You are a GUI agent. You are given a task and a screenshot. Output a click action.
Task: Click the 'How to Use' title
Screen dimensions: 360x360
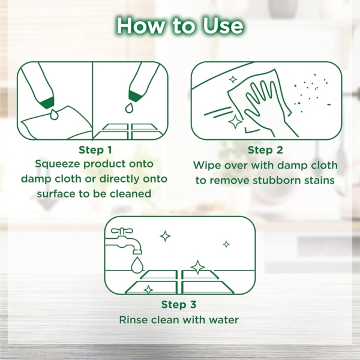click(x=180, y=25)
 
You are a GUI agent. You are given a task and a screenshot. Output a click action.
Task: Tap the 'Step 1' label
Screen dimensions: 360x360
click(x=95, y=150)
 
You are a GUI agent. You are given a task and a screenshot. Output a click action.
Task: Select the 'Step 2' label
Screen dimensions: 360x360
click(x=265, y=150)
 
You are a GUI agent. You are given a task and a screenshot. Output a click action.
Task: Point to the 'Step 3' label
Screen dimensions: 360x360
click(x=179, y=305)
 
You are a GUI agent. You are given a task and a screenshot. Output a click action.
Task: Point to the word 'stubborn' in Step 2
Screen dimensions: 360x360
click(x=277, y=180)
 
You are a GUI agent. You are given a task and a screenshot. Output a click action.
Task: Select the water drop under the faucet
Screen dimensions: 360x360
click(x=137, y=265)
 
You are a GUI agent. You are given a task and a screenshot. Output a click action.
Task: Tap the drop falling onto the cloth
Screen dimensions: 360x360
click(x=54, y=115)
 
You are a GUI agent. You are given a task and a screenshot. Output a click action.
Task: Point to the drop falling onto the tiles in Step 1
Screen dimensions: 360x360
click(x=129, y=107)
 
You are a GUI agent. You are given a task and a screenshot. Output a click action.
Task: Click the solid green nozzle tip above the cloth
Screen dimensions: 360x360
click(x=47, y=102)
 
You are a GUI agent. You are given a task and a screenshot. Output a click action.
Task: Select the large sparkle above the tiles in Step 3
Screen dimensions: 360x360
click(x=197, y=267)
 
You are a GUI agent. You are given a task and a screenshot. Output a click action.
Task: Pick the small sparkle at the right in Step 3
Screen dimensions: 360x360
click(x=226, y=244)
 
